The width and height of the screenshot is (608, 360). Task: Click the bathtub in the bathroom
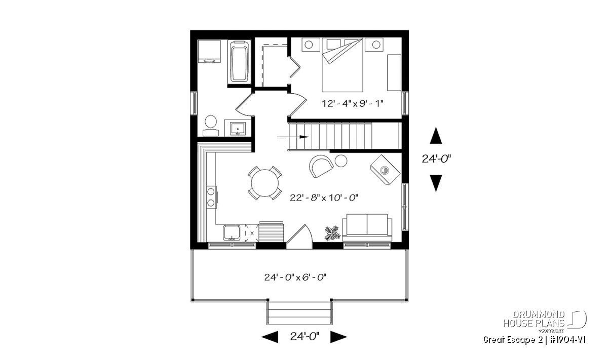(239, 62)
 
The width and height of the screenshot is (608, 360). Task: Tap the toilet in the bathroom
(211, 126)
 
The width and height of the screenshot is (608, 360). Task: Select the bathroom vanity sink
(238, 129)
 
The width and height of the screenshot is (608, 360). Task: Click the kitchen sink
(232, 233)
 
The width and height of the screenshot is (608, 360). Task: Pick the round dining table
(264, 183)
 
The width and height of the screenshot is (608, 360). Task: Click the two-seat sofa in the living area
(367, 227)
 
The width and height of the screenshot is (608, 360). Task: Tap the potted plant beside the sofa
(332, 233)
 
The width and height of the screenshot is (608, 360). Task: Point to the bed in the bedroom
(343, 65)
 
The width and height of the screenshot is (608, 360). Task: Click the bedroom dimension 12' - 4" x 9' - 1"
(352, 104)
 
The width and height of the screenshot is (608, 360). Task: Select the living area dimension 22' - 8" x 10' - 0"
(324, 198)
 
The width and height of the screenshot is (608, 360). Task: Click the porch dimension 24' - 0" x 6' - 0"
(295, 277)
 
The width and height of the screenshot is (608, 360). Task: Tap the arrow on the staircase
(293, 137)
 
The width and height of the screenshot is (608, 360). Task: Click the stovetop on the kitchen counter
(211, 197)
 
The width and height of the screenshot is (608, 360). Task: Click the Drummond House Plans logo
(545, 322)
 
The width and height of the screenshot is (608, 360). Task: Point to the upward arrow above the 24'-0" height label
(436, 135)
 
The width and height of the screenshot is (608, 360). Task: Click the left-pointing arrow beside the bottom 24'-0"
(270, 337)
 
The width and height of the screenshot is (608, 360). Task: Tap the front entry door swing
(299, 236)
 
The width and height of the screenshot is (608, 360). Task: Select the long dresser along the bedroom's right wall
(394, 73)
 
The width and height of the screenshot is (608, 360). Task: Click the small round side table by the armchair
(341, 161)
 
